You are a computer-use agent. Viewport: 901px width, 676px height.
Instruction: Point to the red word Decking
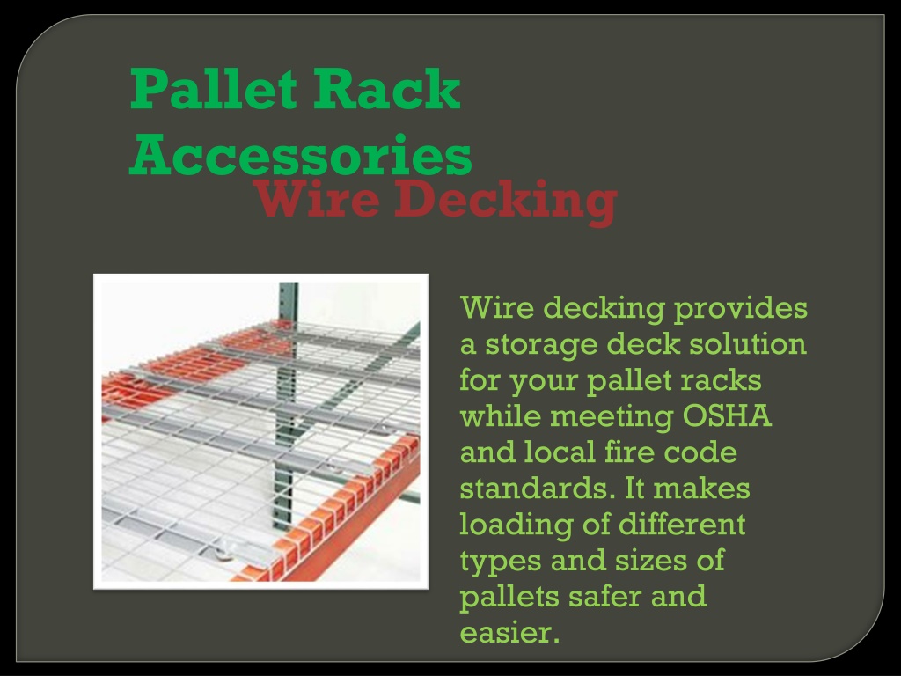pyautogui.click(x=506, y=202)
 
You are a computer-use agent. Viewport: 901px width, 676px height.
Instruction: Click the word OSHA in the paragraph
pyautogui.click(x=726, y=415)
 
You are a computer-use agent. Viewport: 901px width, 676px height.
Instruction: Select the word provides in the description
pyautogui.click(x=741, y=309)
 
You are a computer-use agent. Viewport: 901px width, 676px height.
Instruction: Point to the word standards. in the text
pyautogui.click(x=536, y=488)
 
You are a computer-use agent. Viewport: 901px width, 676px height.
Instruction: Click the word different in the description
pyautogui.click(x=682, y=524)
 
